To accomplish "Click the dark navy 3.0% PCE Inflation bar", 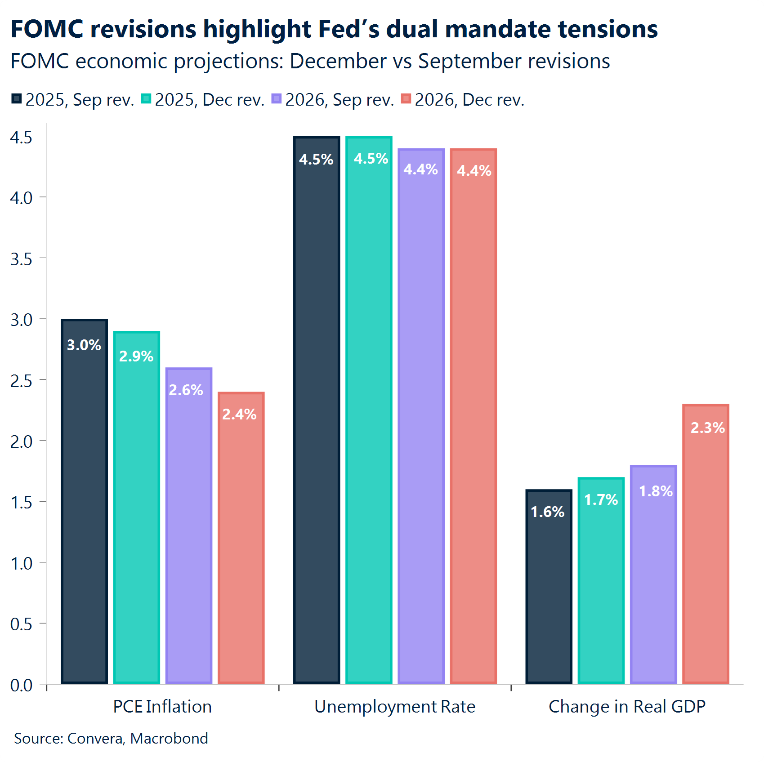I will click(x=85, y=517).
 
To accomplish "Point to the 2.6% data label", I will click(x=186, y=390).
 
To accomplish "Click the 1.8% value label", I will click(x=656, y=491).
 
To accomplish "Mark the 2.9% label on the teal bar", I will click(x=136, y=356).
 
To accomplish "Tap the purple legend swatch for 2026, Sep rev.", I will click(x=277, y=99).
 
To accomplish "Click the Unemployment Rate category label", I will click(x=394, y=707).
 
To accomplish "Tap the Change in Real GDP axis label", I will click(x=627, y=707).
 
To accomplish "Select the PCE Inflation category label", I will click(x=162, y=707).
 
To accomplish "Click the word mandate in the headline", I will click(x=498, y=29).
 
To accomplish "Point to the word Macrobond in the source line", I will click(x=169, y=738).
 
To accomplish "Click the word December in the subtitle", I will click(x=338, y=61).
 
